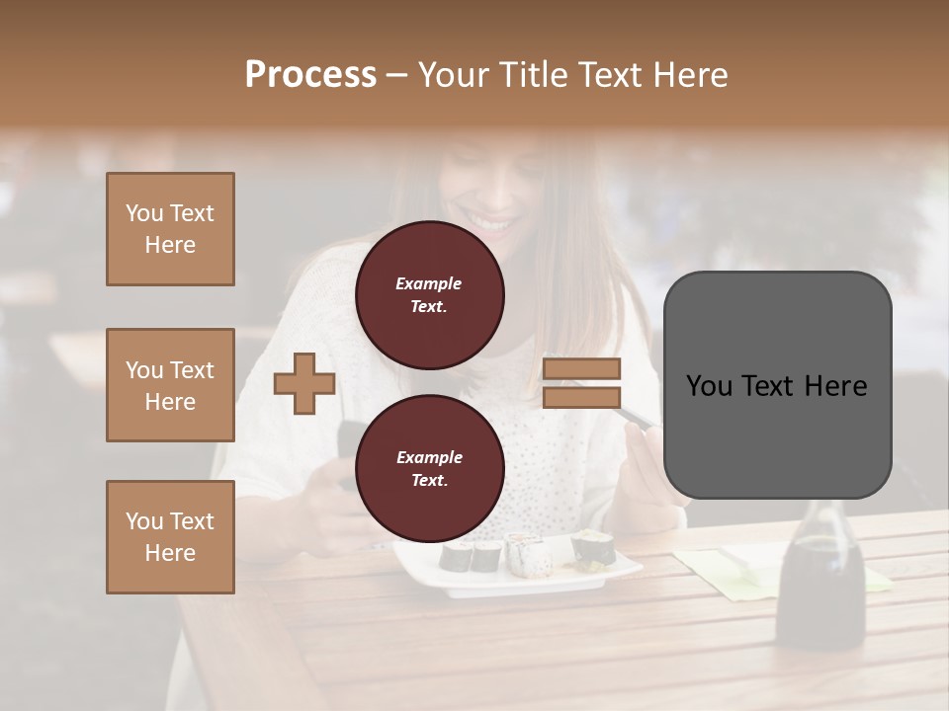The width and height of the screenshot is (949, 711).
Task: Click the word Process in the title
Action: pyautogui.click(x=310, y=75)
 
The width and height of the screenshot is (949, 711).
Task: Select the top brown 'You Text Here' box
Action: pyautogui.click(x=170, y=229)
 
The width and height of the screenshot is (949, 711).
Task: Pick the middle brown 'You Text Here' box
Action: pyautogui.click(x=170, y=385)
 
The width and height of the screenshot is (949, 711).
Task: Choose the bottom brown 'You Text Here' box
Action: pyautogui.click(x=170, y=537)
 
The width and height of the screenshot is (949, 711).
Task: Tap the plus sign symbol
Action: pyautogui.click(x=303, y=383)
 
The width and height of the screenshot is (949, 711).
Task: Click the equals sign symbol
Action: pyautogui.click(x=581, y=383)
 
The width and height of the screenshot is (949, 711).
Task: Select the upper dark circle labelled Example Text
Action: pyautogui.click(x=429, y=294)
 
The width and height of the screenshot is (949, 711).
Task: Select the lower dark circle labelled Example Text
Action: pyautogui.click(x=429, y=468)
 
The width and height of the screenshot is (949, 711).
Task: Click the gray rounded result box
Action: pyautogui.click(x=777, y=385)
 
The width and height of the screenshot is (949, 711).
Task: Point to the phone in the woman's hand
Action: pyautogui.click(x=348, y=449)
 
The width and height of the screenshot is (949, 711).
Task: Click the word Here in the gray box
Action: pyautogui.click(x=835, y=386)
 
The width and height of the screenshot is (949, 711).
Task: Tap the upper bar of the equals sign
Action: pyautogui.click(x=581, y=369)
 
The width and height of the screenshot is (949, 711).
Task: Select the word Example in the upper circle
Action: pyautogui.click(x=428, y=283)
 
